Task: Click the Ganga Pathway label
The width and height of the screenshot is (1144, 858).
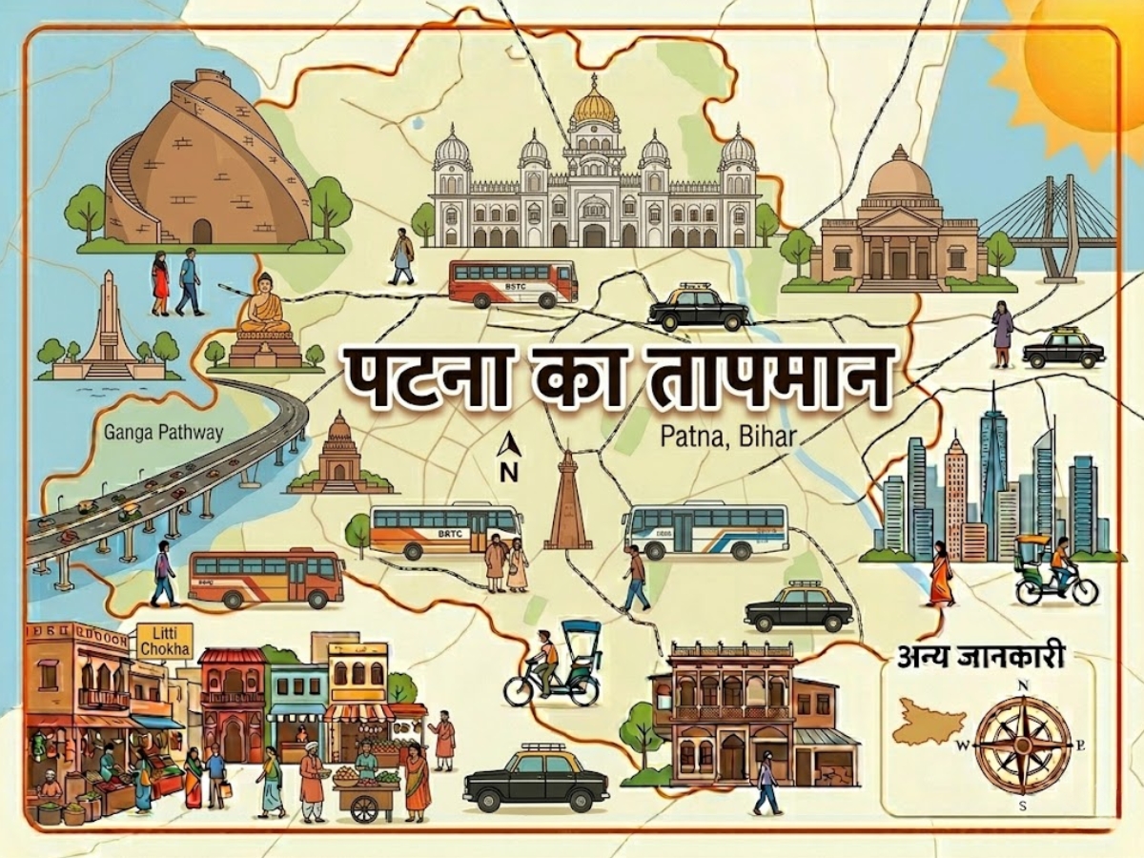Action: tap(164, 432)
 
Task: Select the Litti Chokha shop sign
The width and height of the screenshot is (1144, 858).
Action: tap(164, 641)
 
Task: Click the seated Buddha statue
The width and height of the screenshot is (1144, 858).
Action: tap(264, 307)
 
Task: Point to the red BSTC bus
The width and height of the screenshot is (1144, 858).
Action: tap(513, 283)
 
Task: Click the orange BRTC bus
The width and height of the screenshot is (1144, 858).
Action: tap(445, 529)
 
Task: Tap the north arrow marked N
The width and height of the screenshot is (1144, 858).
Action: tap(508, 456)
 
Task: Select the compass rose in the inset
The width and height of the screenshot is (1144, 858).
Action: tap(1022, 745)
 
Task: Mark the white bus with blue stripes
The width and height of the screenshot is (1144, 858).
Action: tap(705, 530)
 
